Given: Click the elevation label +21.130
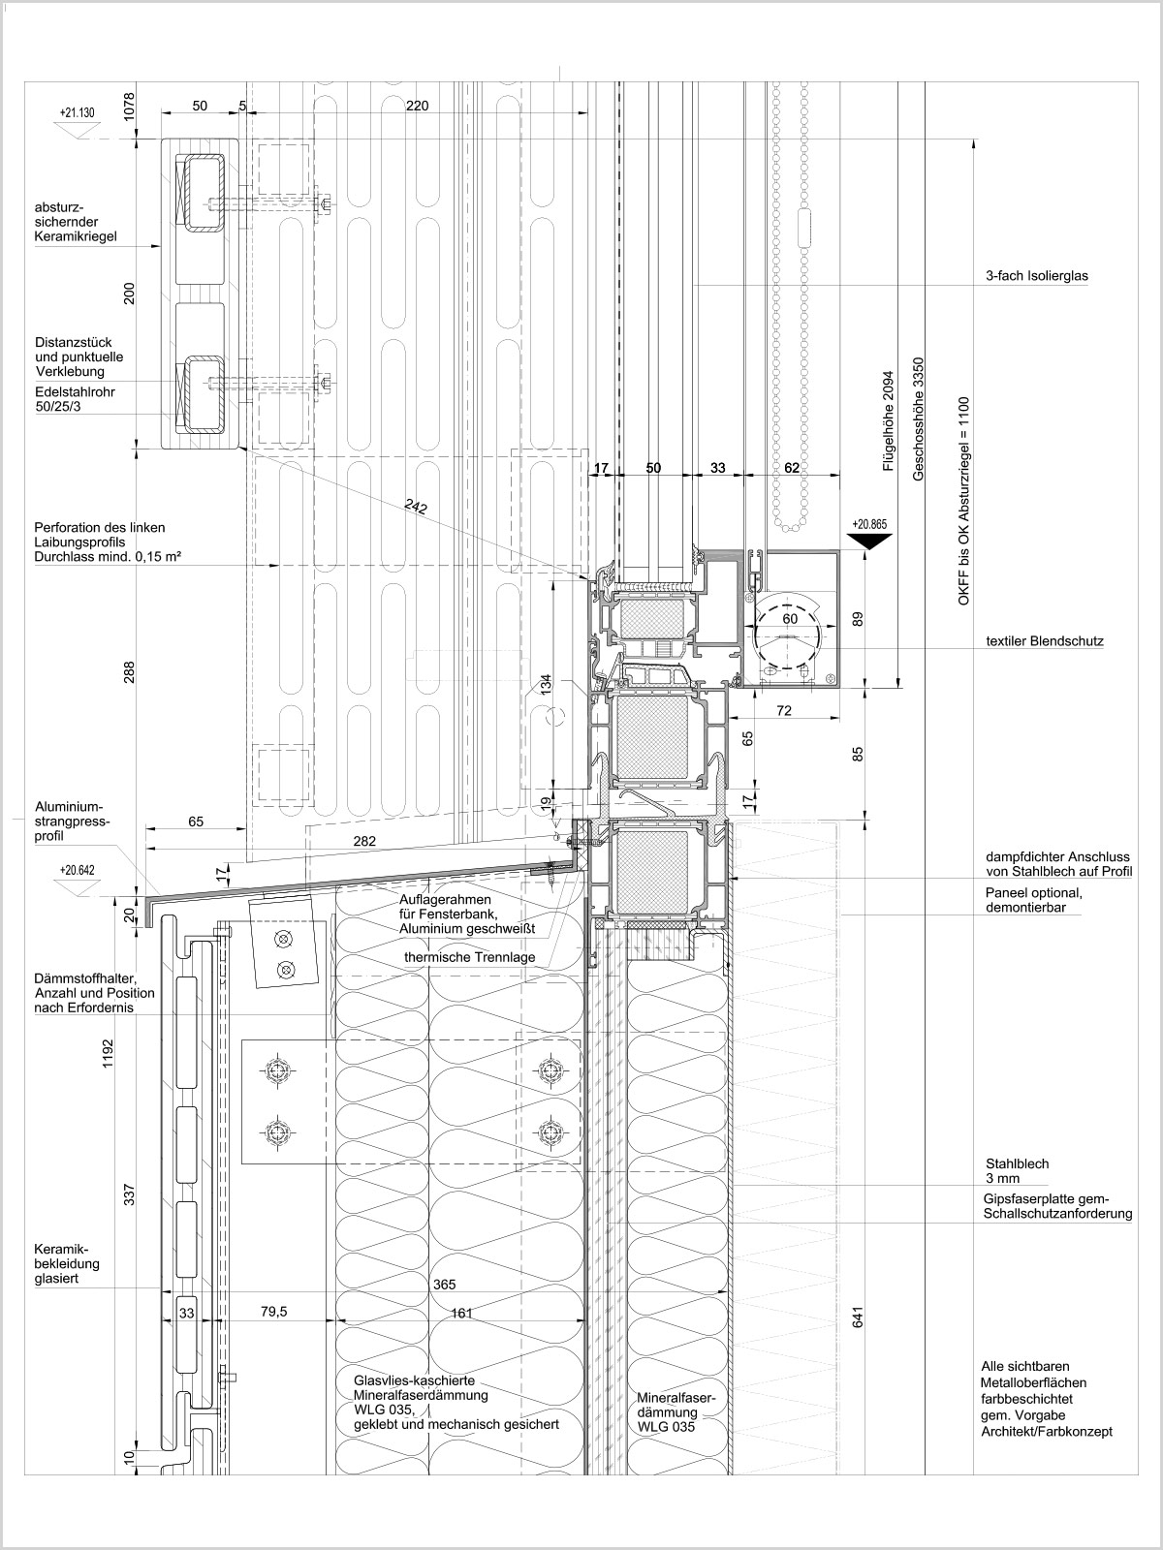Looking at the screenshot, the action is pos(77,112).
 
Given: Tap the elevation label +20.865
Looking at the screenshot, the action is pos(869,525).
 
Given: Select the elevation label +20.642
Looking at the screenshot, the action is pos(77,870).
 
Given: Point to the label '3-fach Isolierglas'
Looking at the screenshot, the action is pos(1037,276).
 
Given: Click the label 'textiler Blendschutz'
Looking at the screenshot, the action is pos(1045,641).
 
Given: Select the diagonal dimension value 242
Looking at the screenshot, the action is pos(416,507).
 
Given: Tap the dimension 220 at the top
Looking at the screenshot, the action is pos(418,106).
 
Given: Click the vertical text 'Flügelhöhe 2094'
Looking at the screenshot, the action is pos(889,420).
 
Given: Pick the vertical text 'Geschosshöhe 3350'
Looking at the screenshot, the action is pos(918,419).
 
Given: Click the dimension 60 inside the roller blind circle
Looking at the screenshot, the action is pos(790,619).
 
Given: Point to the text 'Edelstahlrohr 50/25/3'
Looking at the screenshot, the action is pos(75,399).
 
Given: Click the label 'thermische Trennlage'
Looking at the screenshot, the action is pos(470,957).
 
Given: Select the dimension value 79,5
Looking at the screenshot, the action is pos(274,1312).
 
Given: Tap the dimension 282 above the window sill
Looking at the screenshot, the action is pos(364,841).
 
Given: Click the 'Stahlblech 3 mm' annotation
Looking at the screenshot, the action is pos(1018,1171).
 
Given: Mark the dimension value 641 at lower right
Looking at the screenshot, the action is pos(858,1317).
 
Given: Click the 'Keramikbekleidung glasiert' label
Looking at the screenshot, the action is pos(67,1263).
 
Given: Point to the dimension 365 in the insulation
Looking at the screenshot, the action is pos(444,1285).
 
